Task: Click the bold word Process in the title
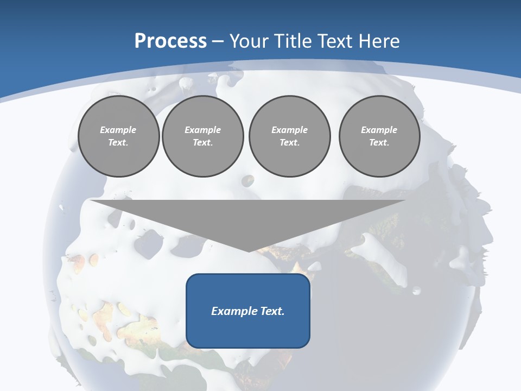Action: (x=170, y=41)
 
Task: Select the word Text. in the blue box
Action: (x=271, y=311)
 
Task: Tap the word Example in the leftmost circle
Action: (x=118, y=130)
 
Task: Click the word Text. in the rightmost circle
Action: (x=379, y=142)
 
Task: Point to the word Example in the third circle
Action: (x=289, y=130)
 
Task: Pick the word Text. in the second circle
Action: (x=202, y=142)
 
